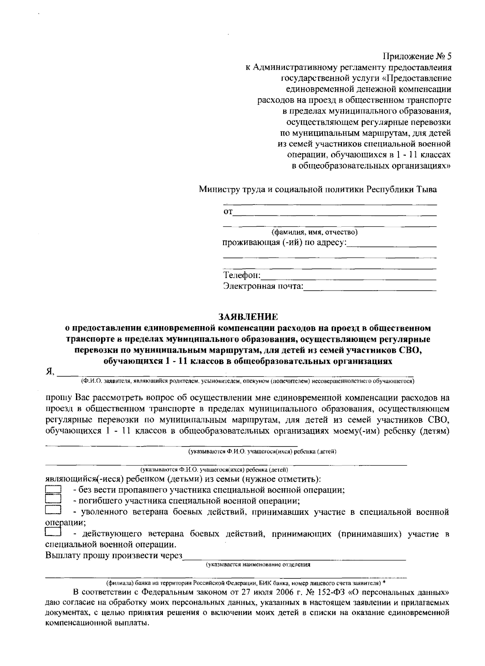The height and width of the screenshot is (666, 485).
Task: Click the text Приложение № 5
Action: pos(417,56)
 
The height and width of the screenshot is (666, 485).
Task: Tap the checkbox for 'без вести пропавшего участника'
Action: pos(53,490)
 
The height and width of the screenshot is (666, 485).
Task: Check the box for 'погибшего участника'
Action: pos(53,501)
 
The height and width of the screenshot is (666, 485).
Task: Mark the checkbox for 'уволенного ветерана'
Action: pos(53,511)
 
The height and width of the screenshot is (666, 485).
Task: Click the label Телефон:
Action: pos(242,276)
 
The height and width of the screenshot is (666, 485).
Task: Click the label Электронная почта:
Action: pos(263,287)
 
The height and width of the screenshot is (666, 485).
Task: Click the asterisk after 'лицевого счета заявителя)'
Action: pos(384,583)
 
